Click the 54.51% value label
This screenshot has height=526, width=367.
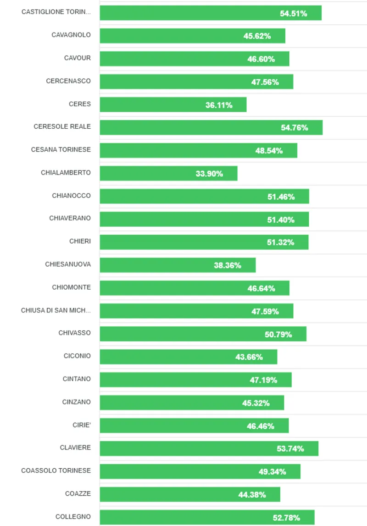pos(294,13)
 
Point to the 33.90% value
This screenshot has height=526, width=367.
pos(209,174)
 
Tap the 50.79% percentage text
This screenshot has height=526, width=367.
pos(278,334)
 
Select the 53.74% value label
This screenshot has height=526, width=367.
pos(290,449)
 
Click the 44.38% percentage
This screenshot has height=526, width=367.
pos(252,494)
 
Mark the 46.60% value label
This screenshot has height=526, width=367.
pos(261,59)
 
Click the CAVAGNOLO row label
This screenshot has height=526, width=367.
pos(71,35)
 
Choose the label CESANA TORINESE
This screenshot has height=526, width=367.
pos(61,149)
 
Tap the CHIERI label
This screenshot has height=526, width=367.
pos(80,241)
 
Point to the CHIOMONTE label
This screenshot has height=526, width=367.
pos(71,287)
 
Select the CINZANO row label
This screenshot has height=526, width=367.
pos(77,402)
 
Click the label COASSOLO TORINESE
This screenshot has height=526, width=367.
pos(56,471)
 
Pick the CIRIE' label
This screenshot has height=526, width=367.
pos(82,425)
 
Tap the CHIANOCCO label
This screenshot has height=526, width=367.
pos(71,196)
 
